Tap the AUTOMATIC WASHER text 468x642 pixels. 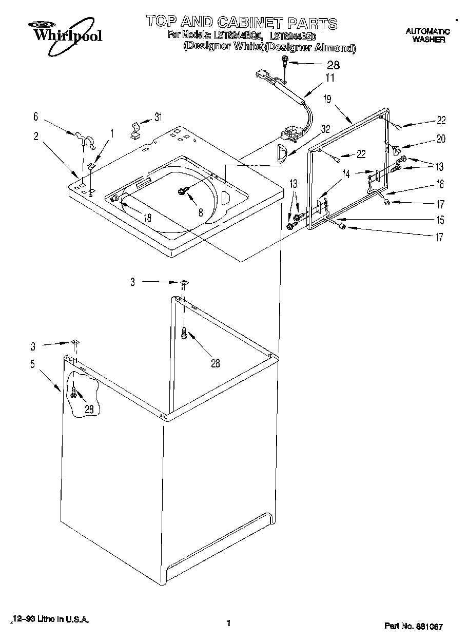[428, 35]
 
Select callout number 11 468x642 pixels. [329, 78]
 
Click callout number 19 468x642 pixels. [327, 100]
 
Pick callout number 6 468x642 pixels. [35, 116]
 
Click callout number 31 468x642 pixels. [158, 116]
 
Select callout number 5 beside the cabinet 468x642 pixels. [32, 364]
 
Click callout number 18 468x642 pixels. [147, 217]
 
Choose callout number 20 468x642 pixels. [441, 138]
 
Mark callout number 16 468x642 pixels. [440, 184]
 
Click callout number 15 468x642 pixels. [440, 220]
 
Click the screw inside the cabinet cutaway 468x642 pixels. [75, 393]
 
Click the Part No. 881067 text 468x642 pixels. [414, 627]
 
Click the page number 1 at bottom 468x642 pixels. [228, 624]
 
